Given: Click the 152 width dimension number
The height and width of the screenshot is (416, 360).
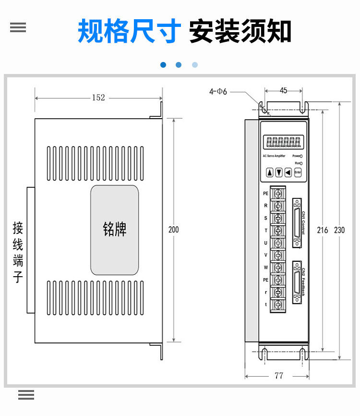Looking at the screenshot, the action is click(x=98, y=98).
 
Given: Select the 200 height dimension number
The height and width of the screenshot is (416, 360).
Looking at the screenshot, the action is click(x=173, y=230).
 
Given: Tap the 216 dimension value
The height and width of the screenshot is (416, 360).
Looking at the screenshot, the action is click(x=323, y=230).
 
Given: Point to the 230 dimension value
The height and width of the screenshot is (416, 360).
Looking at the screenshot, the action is click(x=339, y=230).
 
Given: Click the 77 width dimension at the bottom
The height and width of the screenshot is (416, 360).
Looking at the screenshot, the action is click(x=279, y=376).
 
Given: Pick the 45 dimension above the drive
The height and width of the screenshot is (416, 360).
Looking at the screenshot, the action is click(x=283, y=90).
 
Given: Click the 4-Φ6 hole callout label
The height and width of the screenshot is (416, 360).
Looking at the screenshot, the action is click(x=218, y=91).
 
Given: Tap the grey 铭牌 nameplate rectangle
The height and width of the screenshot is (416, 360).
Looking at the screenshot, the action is click(x=115, y=230).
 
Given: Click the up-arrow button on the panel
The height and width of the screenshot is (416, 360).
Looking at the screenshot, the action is click(x=270, y=172).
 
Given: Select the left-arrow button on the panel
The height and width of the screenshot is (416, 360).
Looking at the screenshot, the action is click(x=288, y=172).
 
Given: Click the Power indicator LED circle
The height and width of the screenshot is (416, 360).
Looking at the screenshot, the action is click(x=301, y=156).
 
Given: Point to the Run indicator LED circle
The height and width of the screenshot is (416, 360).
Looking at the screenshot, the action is click(x=301, y=163).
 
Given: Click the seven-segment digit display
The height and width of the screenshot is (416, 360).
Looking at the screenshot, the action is click(x=283, y=142).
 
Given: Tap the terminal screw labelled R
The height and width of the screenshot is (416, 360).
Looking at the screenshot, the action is click(x=278, y=206).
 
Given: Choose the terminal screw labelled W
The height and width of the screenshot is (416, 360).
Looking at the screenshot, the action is click(x=278, y=267).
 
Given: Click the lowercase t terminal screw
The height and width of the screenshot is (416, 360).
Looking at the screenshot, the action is click(x=278, y=305).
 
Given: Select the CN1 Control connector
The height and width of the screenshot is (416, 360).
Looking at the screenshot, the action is click(x=297, y=222).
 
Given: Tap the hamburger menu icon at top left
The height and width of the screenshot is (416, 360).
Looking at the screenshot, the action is click(x=18, y=27).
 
